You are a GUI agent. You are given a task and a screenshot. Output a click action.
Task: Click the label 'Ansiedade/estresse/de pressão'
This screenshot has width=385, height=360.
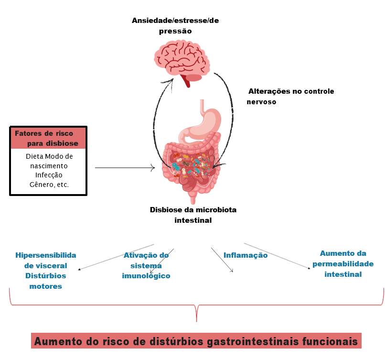(x=175, y=26)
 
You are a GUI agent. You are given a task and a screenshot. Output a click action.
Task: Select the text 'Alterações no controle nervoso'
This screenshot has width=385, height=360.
(x=290, y=96)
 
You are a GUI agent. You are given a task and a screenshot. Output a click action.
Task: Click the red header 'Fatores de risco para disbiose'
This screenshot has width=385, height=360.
(x=48, y=138)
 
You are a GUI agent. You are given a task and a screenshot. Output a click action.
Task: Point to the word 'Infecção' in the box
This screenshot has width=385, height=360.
(x=49, y=175)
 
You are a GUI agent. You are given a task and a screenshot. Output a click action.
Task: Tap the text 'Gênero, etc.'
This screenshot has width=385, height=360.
(x=49, y=184)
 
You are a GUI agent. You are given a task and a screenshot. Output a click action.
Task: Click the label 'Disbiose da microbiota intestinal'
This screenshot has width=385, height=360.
(x=193, y=215)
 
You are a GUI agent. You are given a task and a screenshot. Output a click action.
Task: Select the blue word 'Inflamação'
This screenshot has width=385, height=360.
(x=246, y=255)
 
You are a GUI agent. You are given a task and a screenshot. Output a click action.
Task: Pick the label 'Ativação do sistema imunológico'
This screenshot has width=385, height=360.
(x=146, y=265)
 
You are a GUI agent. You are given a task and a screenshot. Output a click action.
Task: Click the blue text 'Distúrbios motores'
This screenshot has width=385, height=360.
(x=45, y=281)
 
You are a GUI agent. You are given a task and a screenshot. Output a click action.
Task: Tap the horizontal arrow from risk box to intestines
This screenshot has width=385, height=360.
(x=125, y=168)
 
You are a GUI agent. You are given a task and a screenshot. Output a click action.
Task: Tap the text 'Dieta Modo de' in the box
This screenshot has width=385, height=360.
(x=49, y=157)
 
